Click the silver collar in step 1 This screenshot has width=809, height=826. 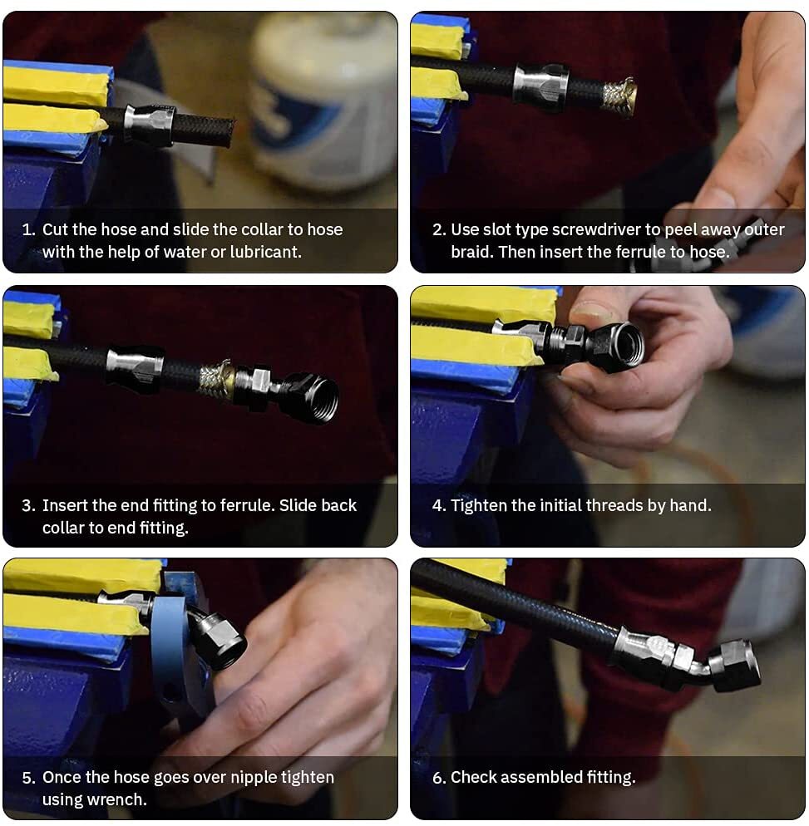click(x=149, y=125)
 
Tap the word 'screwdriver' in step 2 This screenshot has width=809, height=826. click(x=596, y=229)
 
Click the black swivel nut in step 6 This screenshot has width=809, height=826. click(x=735, y=666)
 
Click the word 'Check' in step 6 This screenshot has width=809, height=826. click(x=472, y=777)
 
